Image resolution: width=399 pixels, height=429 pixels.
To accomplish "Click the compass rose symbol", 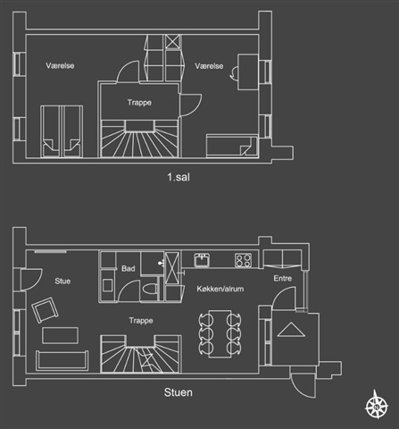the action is tap(377, 405).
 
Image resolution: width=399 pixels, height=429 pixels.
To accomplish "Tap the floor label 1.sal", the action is tap(179, 177).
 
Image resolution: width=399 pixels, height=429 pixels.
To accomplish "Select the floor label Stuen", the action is tap(179, 392).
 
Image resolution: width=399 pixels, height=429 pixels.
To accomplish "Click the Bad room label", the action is tap(129, 268).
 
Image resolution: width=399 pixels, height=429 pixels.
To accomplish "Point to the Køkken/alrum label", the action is tap(220, 289).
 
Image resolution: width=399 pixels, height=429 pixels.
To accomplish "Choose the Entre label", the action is tap(283, 278).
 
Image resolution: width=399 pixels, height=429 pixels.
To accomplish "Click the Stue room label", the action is tap(62, 281).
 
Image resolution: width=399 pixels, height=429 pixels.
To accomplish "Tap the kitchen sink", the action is tap(202, 260).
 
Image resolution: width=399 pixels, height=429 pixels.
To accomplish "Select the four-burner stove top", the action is tap(244, 260).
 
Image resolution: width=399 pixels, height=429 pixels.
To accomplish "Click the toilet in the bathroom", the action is tap(150, 289).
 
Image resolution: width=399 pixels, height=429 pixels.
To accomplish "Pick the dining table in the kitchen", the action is tap(220, 333).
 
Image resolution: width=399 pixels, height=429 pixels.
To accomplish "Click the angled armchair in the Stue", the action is tap(45, 310).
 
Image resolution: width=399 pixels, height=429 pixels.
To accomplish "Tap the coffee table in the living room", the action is tap(61, 335).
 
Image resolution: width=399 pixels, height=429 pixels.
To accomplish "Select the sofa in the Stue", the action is tap(62, 360).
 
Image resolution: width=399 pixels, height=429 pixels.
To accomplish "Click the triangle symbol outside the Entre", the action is tap(291, 330).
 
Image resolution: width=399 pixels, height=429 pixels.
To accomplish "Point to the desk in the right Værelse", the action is tap(248, 71).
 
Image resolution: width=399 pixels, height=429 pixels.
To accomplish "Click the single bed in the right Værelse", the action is tap(232, 146).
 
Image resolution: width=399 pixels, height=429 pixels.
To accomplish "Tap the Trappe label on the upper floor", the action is tap(139, 103).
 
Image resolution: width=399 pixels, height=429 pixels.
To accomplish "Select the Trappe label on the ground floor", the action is tap(141, 321).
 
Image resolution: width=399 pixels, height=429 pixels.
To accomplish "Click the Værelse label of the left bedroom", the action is tap(60, 65).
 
